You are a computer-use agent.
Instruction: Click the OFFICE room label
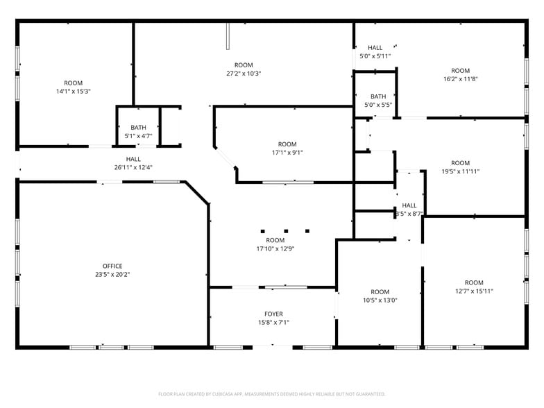(x=112, y=266)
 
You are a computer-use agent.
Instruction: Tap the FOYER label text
(x=273, y=314)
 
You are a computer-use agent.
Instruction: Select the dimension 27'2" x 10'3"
(x=244, y=74)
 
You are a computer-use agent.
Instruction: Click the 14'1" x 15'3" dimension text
(x=74, y=92)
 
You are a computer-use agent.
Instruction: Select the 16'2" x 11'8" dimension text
(x=461, y=79)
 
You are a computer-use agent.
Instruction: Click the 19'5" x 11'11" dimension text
(x=461, y=171)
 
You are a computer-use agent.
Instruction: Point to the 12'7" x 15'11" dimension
(x=474, y=291)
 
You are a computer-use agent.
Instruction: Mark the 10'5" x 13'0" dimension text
(x=380, y=300)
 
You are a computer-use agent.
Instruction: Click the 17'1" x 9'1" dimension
(x=287, y=153)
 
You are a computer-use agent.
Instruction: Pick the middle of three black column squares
(x=284, y=230)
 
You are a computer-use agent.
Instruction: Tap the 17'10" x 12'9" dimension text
(x=275, y=248)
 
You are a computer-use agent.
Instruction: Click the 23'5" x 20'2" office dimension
(x=112, y=275)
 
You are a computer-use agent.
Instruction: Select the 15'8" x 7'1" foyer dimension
(x=273, y=323)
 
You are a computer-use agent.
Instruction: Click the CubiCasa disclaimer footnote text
(x=271, y=393)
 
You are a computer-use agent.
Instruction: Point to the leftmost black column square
(x=262, y=230)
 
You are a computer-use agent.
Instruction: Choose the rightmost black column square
(x=307, y=230)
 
